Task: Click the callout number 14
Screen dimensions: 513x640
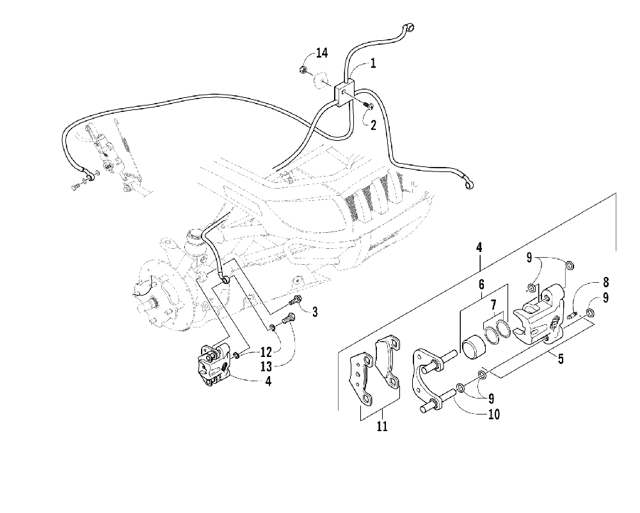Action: (321, 53)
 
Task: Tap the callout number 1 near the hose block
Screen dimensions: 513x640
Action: (372, 64)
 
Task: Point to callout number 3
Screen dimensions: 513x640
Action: (314, 312)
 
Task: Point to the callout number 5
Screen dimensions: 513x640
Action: (561, 359)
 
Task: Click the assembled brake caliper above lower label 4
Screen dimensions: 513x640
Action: (214, 363)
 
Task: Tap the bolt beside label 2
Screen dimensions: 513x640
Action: (368, 106)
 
